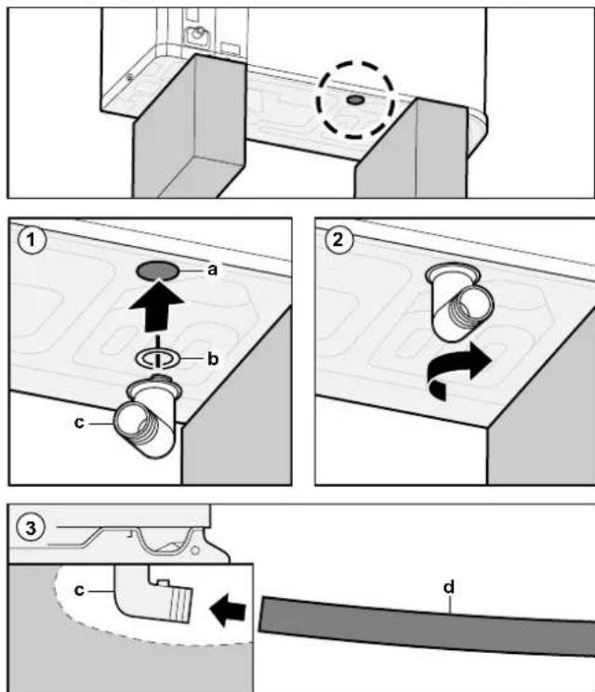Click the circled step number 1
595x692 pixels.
click(x=31, y=240)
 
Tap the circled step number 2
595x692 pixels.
click(x=337, y=240)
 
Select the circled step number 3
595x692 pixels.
click(x=31, y=528)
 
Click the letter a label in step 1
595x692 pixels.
click(x=213, y=269)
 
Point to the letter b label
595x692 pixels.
click(x=213, y=359)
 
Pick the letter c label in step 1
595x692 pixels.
click(x=79, y=423)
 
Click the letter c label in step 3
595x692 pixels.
click(x=79, y=590)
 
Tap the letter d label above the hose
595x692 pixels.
click(x=449, y=587)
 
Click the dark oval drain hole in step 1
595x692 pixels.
click(x=158, y=270)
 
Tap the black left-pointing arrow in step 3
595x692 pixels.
click(x=228, y=610)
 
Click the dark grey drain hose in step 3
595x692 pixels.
click(x=427, y=624)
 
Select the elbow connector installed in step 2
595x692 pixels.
click(x=459, y=303)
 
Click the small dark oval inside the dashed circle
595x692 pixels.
click(x=355, y=100)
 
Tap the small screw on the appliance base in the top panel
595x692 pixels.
click(x=129, y=77)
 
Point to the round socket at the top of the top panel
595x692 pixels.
click(x=197, y=33)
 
